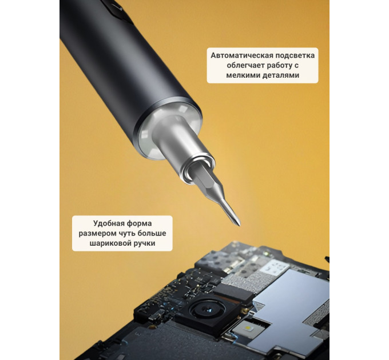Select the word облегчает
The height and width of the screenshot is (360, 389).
coord(243,65)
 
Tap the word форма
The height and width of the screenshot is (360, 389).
coord(139,223)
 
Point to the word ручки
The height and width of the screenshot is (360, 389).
coord(144,243)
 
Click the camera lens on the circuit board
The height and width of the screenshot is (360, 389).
coord(207,310)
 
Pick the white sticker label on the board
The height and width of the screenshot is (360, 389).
coord(275,268)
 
